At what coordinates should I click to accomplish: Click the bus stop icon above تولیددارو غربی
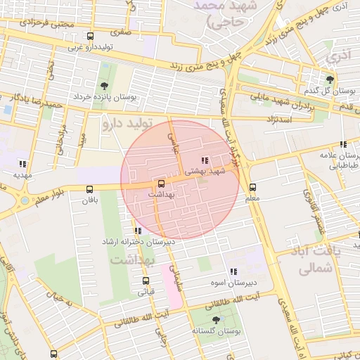[x=90, y=37]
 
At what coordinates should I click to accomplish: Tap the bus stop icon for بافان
[x=89, y=189]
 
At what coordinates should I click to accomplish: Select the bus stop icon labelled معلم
[x=253, y=187]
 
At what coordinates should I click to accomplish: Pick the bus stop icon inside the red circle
[x=162, y=183]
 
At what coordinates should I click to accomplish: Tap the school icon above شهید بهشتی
[x=205, y=161]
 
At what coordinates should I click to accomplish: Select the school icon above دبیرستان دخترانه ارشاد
[x=136, y=231]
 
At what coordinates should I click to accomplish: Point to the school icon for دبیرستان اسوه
[x=233, y=271]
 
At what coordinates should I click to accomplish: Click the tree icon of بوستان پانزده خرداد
[x=105, y=86]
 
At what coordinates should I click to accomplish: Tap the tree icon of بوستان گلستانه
[x=215, y=320]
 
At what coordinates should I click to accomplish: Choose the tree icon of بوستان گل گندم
[x=330, y=79]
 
